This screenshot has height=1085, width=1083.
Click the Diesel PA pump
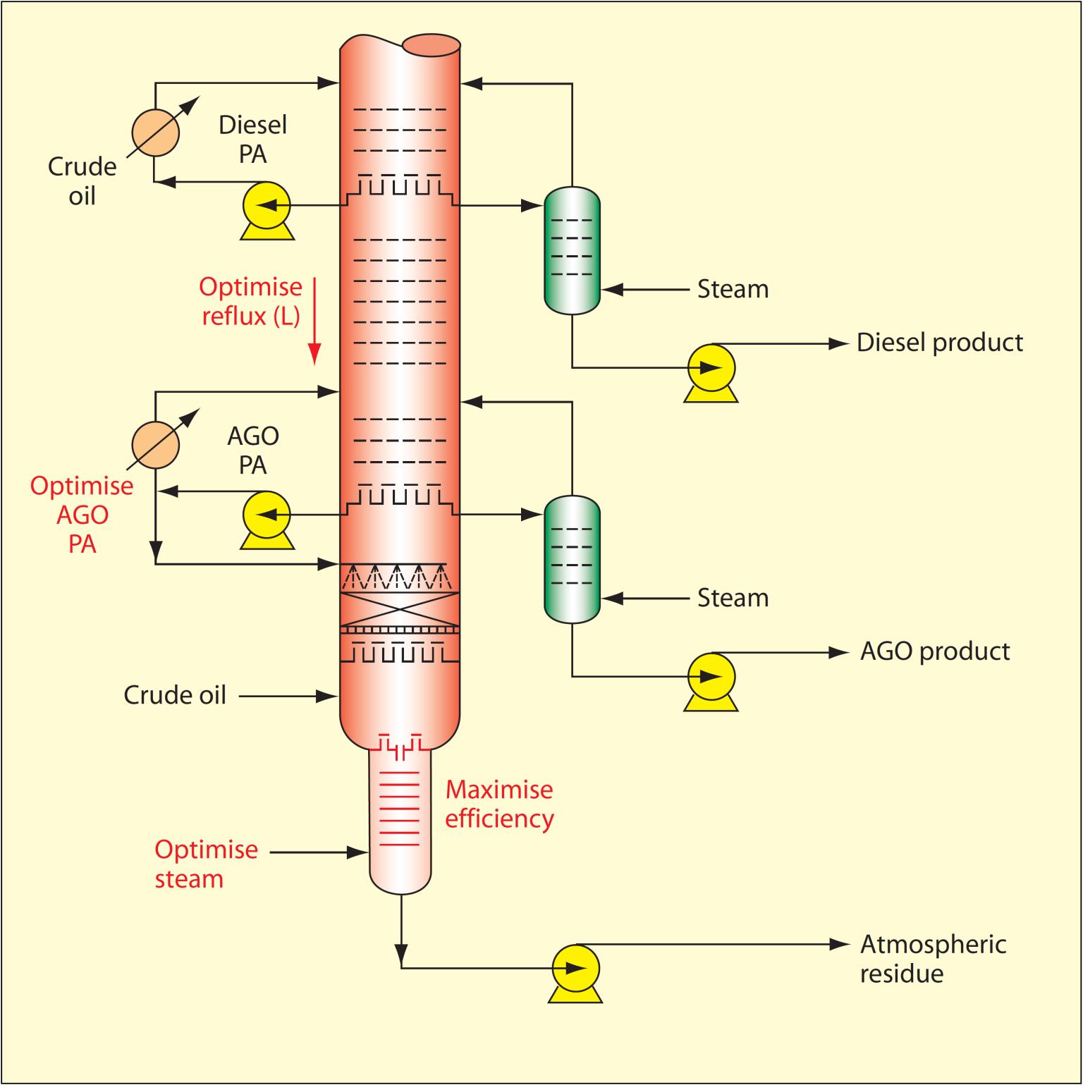pos(267,206)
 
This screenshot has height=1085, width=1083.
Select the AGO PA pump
pos(267,515)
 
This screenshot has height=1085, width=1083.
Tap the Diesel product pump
pos(711,367)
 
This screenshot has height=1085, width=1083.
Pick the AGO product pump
pos(711,677)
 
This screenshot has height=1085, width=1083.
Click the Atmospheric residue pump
pos(575,968)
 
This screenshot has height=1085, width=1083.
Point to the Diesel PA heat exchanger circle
pos(156,132)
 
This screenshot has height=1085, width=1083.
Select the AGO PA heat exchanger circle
pos(156,445)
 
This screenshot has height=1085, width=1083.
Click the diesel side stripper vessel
pos(572,250)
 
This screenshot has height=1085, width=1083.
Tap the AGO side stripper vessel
pos(572,559)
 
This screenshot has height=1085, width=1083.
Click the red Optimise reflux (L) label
pos(250,301)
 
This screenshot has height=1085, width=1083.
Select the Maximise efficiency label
pos(499,804)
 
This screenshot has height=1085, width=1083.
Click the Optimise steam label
pos(206,864)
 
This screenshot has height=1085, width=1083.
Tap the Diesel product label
pos(939,343)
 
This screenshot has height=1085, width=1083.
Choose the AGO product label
pos(935,651)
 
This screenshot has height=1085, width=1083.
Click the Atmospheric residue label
pos(932,959)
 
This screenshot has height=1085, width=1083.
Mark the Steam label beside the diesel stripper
pos(733,289)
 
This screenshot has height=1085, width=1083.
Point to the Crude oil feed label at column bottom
pos(175,695)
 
